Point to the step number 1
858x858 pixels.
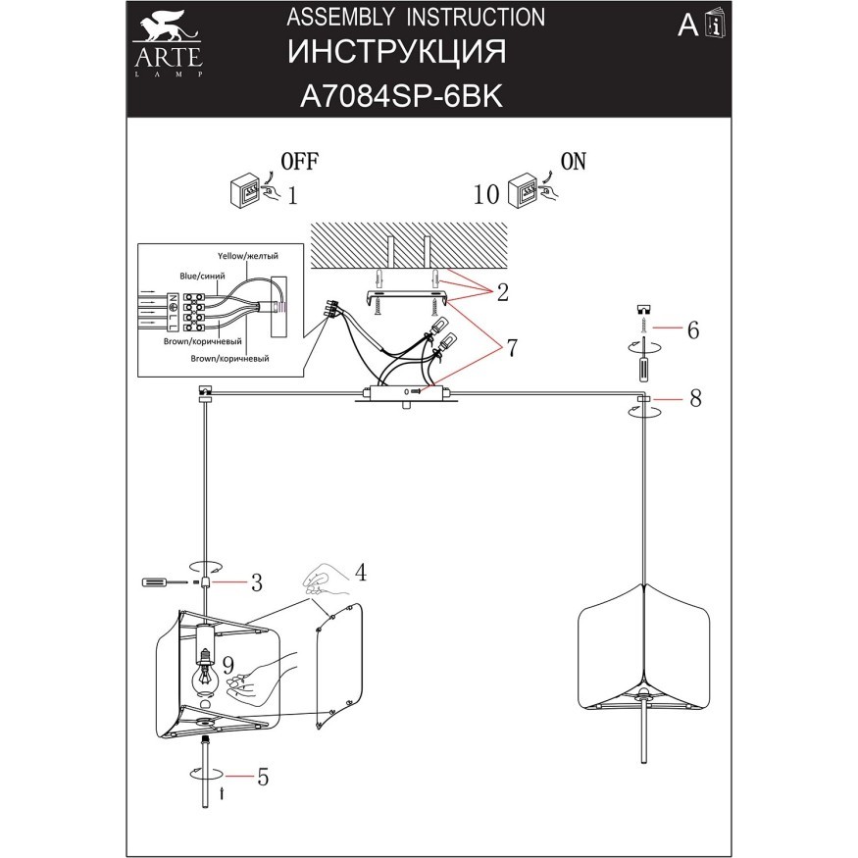[292, 194]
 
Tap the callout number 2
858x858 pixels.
[502, 291]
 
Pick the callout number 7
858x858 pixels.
[511, 348]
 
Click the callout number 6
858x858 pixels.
[692, 329]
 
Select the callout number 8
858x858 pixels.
[694, 399]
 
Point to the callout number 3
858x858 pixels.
[256, 583]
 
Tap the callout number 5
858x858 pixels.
[262, 777]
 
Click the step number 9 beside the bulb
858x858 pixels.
[227, 665]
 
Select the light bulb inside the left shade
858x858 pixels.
[206, 675]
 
